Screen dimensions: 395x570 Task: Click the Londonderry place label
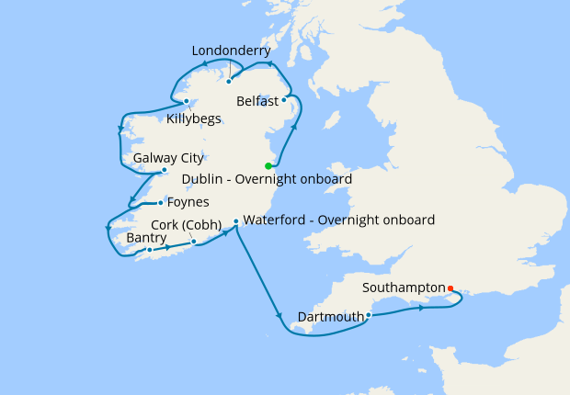(232, 51)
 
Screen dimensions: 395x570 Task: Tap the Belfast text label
(257, 100)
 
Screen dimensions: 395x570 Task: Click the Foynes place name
(188, 202)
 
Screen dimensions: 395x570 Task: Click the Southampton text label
(404, 288)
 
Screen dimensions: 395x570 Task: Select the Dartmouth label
(331, 318)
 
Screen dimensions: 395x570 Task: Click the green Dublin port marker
(268, 165)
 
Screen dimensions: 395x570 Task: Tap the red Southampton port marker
(450, 288)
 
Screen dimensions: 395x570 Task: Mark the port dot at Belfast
(284, 100)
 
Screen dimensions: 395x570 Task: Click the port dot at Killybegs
(187, 101)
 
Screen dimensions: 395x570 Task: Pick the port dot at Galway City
(164, 170)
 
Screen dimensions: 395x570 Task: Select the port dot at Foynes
(161, 203)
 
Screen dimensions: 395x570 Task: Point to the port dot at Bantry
(149, 250)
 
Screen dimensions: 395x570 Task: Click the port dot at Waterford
(236, 221)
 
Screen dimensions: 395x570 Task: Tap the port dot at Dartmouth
(369, 315)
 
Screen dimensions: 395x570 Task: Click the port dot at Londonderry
(228, 81)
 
